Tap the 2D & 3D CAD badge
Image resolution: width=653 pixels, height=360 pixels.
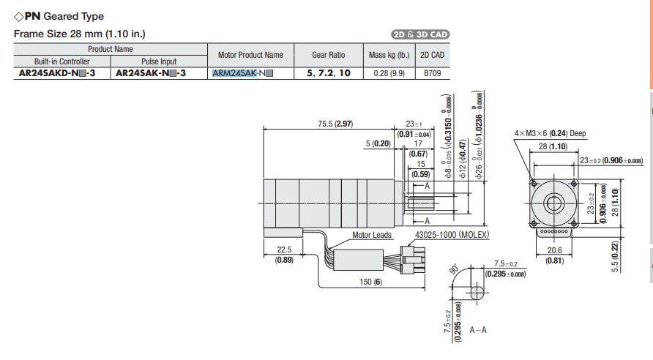point(420,34)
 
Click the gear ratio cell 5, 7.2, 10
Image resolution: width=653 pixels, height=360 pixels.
point(328,74)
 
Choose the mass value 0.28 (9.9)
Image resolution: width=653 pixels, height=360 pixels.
point(387,74)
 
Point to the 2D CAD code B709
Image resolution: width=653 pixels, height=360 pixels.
point(432,74)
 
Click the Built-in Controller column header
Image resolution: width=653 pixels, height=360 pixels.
point(61,61)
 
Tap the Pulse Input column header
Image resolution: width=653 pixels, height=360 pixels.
point(159,61)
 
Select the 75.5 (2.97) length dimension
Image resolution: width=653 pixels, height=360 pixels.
point(335,124)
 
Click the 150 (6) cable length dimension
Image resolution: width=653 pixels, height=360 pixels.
point(372,282)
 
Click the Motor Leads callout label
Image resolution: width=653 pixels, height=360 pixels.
point(372,236)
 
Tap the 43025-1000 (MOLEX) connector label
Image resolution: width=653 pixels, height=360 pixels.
point(451,235)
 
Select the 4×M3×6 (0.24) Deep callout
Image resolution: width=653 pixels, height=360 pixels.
point(550,133)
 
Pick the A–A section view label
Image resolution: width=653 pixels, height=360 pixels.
point(478,330)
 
